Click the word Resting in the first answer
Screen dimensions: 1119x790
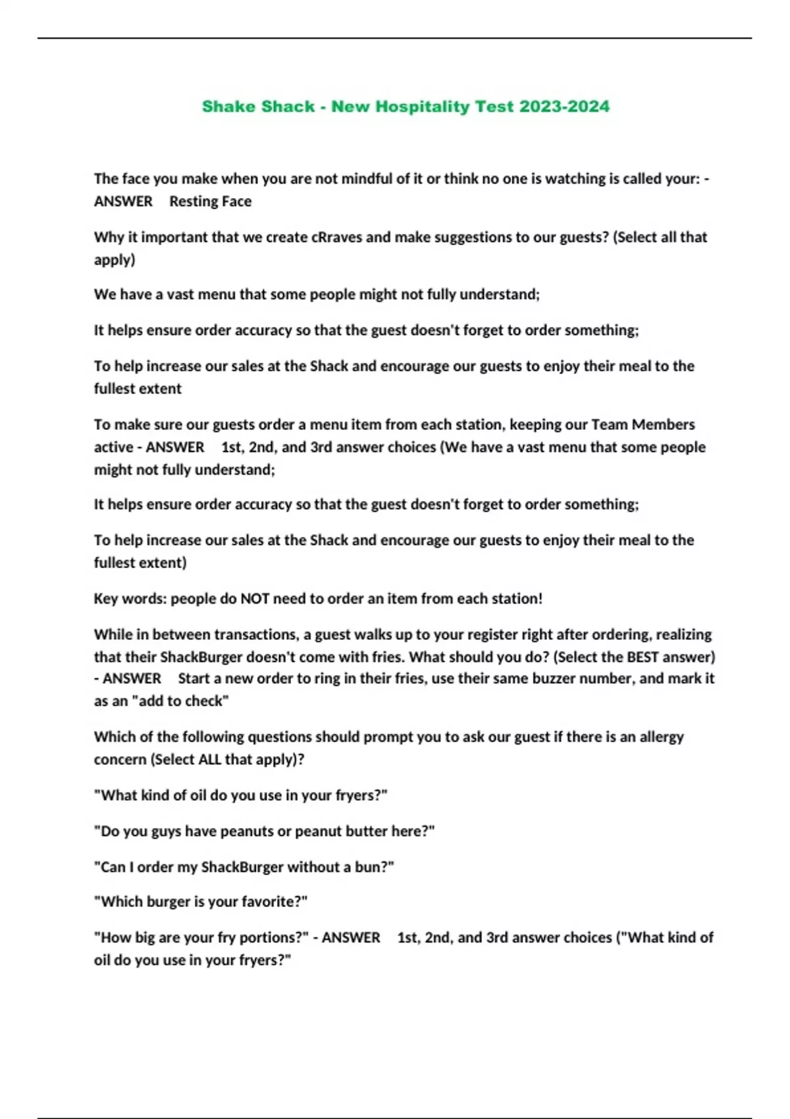click(190, 201)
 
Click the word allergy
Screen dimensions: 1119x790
click(659, 737)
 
